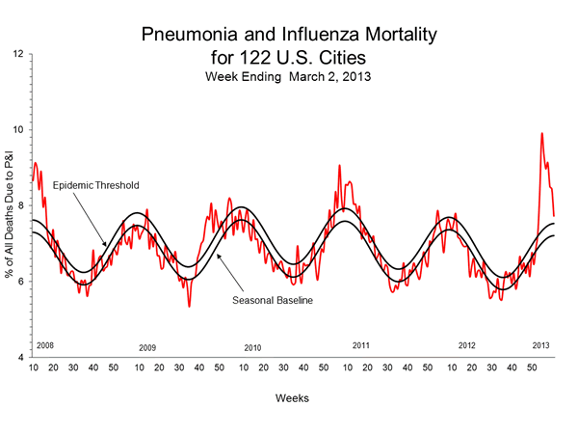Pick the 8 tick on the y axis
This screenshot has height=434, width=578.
tap(23, 205)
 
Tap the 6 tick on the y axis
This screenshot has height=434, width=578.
tap(23, 282)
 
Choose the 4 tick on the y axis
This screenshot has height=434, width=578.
tap(23, 357)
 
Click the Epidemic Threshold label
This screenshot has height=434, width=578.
tap(97, 183)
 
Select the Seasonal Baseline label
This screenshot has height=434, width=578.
tap(275, 300)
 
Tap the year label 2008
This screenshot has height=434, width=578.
tap(44, 343)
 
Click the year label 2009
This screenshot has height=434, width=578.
tap(147, 347)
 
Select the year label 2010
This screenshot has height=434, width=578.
tap(252, 347)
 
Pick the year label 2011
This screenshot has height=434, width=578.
tap(361, 344)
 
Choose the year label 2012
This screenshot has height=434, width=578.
tap(466, 344)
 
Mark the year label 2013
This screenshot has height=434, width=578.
tap(541, 344)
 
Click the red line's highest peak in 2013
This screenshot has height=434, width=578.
tap(541, 133)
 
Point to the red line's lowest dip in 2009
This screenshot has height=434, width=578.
tap(189, 307)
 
